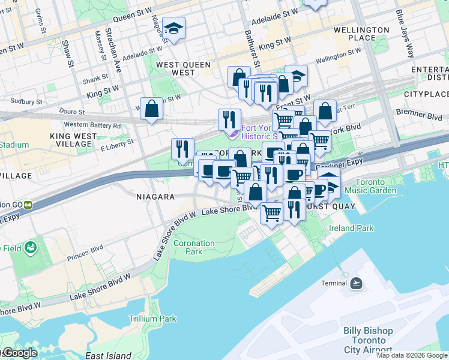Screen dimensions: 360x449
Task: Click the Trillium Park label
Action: [x=152, y=319]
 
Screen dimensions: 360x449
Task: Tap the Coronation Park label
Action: [x=193, y=248]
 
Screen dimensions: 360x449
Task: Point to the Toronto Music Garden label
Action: [x=376, y=186]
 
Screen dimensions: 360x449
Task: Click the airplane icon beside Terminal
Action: [x=357, y=283]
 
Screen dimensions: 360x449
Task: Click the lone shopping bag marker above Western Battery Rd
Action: [x=152, y=109]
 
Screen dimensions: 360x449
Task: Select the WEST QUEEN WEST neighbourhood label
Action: [x=183, y=68]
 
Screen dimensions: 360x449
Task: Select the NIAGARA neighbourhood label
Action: [x=155, y=197]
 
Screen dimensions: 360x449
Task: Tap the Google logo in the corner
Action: [x=19, y=353]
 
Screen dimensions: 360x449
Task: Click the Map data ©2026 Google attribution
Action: [x=412, y=355]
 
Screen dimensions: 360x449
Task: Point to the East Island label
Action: [x=108, y=356]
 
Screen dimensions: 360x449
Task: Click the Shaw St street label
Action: [x=70, y=55]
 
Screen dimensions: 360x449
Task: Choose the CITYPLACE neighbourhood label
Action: [x=426, y=94]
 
